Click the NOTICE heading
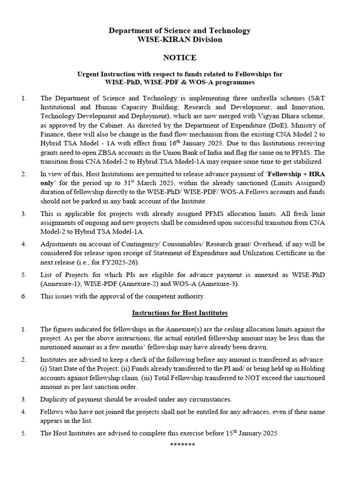(x=180, y=58)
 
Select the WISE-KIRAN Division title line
(x=180, y=40)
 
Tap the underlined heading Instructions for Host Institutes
(x=180, y=313)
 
